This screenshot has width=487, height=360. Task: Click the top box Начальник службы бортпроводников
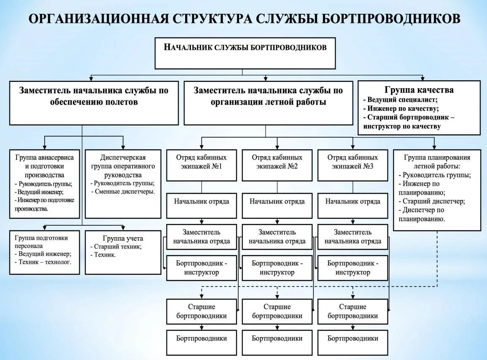pos(245,53)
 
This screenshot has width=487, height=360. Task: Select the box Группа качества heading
pos(419,90)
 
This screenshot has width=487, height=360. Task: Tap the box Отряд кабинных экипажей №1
pos(201,162)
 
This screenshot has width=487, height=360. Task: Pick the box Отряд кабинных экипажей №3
pos(352,162)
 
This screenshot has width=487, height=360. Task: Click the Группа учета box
pos(123,252)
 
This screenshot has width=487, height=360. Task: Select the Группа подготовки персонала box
pos(44,252)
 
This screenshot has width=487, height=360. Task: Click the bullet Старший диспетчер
pos(433,201)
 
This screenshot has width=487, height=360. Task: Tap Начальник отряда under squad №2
pos(277,201)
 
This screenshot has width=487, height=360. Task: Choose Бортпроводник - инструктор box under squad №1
pos(201,268)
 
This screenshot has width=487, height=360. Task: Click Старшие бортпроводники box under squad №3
pos(352,311)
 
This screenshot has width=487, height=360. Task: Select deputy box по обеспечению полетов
pos(94,103)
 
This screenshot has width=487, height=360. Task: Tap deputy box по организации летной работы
pos(268,103)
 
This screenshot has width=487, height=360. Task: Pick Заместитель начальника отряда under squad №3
pos(352,237)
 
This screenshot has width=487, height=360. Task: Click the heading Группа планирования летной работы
pos(437,162)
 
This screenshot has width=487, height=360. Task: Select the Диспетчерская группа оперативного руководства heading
pos(123,166)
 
